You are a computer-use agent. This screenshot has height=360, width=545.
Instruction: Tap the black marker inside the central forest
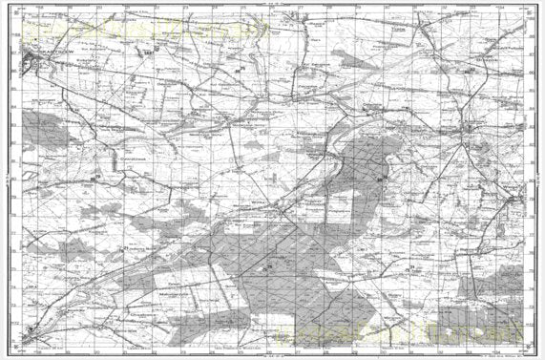(270, 265)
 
